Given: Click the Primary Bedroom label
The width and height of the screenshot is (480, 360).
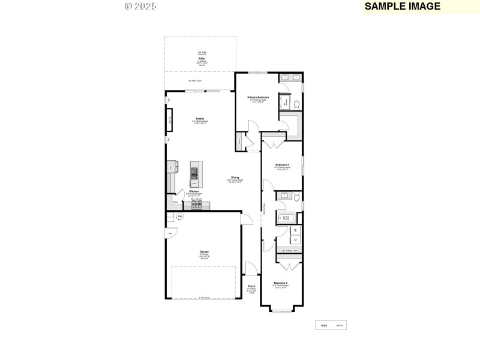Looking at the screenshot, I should [258, 97].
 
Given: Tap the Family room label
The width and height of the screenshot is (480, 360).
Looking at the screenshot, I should [200, 118].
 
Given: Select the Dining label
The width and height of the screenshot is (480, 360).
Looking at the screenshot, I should [235, 178].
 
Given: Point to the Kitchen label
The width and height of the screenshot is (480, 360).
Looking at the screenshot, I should [194, 191].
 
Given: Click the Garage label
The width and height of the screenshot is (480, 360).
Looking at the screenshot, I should [205, 251].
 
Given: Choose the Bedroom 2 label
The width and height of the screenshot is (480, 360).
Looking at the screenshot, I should [282, 164].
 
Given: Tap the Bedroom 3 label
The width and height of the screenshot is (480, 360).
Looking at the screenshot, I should [281, 283].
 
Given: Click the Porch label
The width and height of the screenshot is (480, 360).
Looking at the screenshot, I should [251, 286].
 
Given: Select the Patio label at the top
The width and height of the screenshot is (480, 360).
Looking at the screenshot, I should [202, 58].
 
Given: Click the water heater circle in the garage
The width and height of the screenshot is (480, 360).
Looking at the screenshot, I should [179, 217].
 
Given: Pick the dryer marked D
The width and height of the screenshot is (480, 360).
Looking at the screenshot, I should [296, 239].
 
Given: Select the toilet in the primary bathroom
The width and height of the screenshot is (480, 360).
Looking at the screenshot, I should [296, 104].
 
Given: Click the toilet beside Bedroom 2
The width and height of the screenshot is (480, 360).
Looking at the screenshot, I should [296, 197].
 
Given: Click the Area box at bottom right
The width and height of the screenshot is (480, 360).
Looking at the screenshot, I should [332, 325].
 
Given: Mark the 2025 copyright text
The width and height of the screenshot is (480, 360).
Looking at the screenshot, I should [140, 6].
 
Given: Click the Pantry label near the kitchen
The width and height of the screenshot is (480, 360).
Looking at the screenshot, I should [175, 202].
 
